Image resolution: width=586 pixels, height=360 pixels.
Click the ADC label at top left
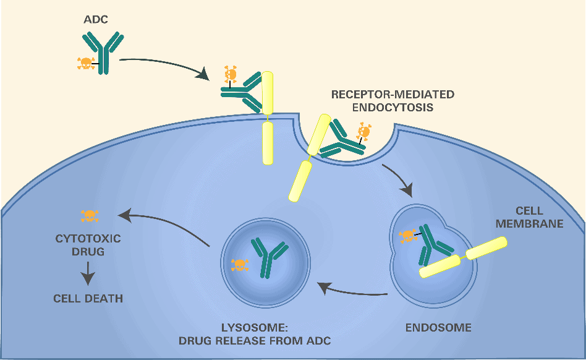[96, 20]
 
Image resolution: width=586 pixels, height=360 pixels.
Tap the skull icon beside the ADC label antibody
[85, 62]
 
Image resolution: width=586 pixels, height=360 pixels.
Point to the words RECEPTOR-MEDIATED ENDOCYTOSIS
[393, 101]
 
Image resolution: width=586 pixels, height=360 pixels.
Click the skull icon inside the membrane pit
[364, 131]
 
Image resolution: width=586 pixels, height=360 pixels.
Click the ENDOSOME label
[438, 327]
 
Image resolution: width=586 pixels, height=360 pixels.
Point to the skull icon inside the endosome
[407, 236]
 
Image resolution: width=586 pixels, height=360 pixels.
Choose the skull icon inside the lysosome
[240, 265]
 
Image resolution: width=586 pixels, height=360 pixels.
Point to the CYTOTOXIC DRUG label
[88, 245]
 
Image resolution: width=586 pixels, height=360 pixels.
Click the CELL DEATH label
[88, 298]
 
